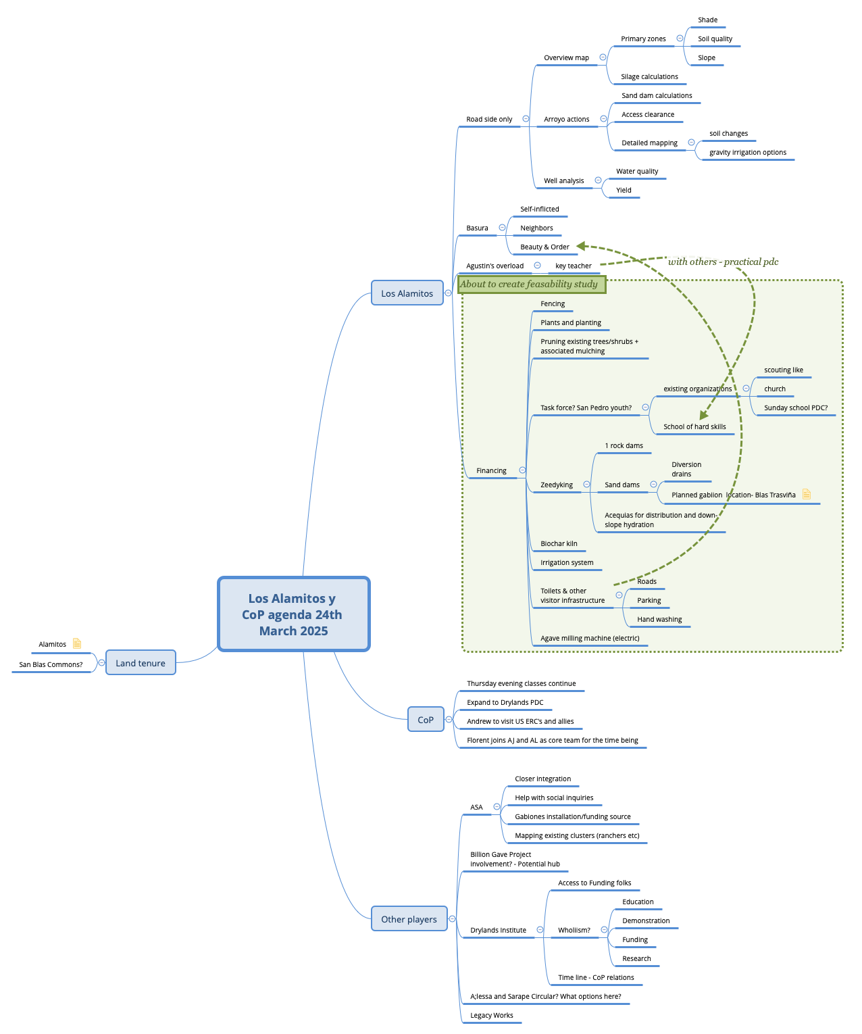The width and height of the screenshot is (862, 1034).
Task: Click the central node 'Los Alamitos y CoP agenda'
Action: coord(293,614)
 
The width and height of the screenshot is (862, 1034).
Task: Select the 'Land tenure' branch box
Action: coord(141,663)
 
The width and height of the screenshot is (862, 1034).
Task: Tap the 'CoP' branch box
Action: coord(426,720)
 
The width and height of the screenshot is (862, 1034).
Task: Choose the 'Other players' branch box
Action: coord(409,919)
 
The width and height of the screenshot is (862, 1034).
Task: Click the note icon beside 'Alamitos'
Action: coord(77,643)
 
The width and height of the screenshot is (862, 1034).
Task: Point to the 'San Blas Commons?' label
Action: coord(51,664)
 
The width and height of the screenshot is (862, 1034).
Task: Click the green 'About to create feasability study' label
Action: coord(531,285)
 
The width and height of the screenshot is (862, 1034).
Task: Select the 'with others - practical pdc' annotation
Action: coord(723,262)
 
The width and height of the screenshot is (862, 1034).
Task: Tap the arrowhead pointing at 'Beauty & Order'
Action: coord(581,247)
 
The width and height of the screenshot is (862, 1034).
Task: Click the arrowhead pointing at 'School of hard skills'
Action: coord(703,416)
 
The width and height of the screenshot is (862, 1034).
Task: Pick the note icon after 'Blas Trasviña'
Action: coord(806,494)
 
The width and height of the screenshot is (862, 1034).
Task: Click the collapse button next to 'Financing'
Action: coord(522,470)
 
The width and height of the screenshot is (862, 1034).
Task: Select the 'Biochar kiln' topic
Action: coord(559,543)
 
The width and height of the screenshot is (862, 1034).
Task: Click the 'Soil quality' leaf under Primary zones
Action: coord(715,39)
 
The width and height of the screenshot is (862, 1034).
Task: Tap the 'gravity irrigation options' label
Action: coord(747,153)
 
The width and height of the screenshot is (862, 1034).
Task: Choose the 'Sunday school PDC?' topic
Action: coord(795,408)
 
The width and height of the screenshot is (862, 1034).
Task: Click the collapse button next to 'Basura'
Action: coord(502,228)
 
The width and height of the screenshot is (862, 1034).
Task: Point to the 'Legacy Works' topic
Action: coord(492,1015)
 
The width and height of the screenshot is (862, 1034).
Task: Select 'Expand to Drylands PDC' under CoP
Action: coord(505,702)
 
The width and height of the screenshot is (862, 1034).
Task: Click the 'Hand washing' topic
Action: coord(659,619)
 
